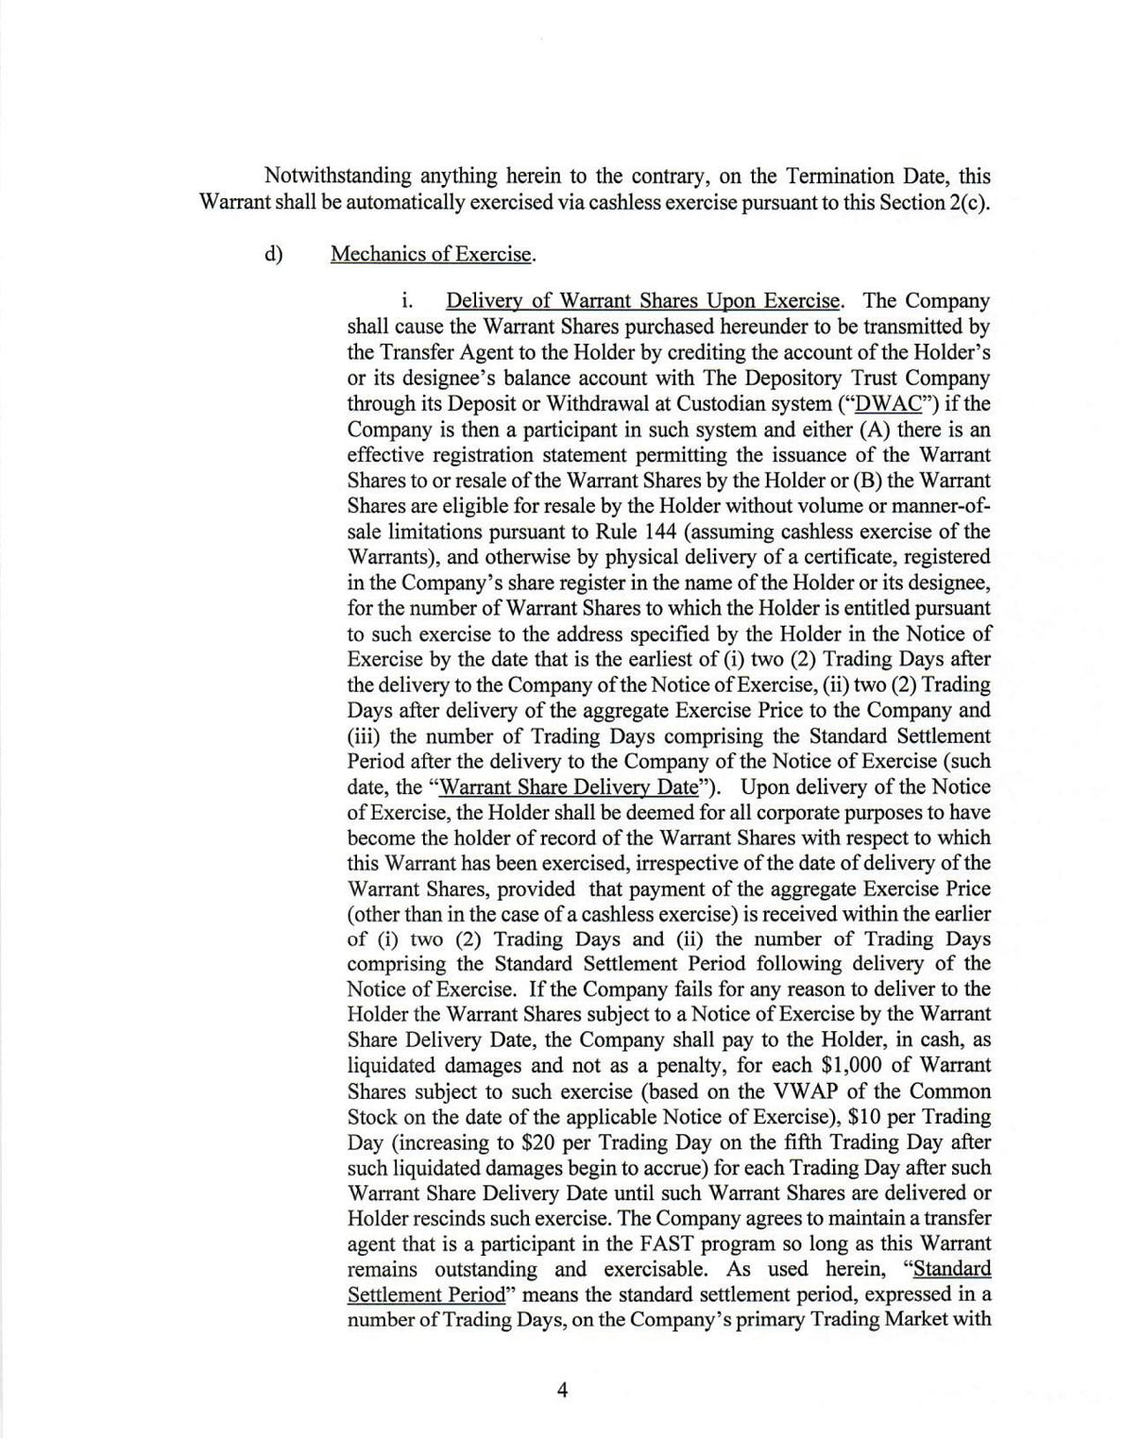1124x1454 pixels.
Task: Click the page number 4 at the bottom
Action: tap(562, 1390)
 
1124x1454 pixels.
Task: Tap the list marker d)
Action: tap(274, 254)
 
